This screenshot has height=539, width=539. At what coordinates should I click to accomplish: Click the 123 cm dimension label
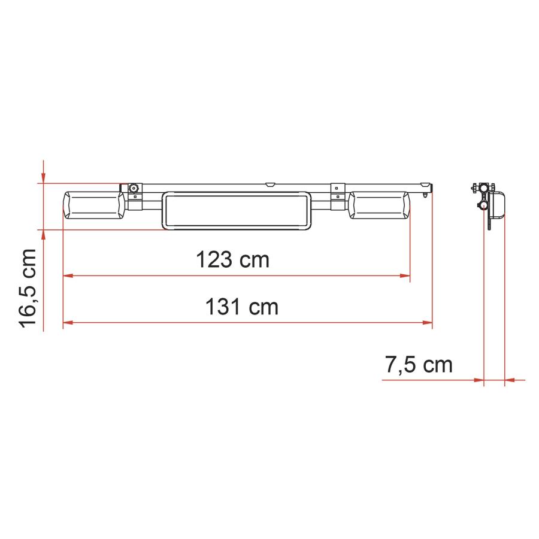[x=232, y=259]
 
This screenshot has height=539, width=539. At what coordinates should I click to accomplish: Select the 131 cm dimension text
[x=242, y=307]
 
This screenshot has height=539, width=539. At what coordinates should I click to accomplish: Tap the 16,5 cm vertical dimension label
[x=27, y=288]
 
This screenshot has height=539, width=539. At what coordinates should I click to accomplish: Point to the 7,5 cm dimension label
[x=419, y=365]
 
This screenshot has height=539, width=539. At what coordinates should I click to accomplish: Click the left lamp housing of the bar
[x=94, y=206]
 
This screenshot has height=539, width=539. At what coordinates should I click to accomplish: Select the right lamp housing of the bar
[x=379, y=205]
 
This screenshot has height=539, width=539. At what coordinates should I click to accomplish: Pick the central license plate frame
[x=237, y=211]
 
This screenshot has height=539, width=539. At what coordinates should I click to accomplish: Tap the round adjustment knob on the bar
[x=134, y=188]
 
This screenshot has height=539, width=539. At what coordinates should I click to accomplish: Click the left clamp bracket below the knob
[x=135, y=202]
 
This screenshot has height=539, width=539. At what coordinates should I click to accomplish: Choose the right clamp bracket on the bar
[x=338, y=196]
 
